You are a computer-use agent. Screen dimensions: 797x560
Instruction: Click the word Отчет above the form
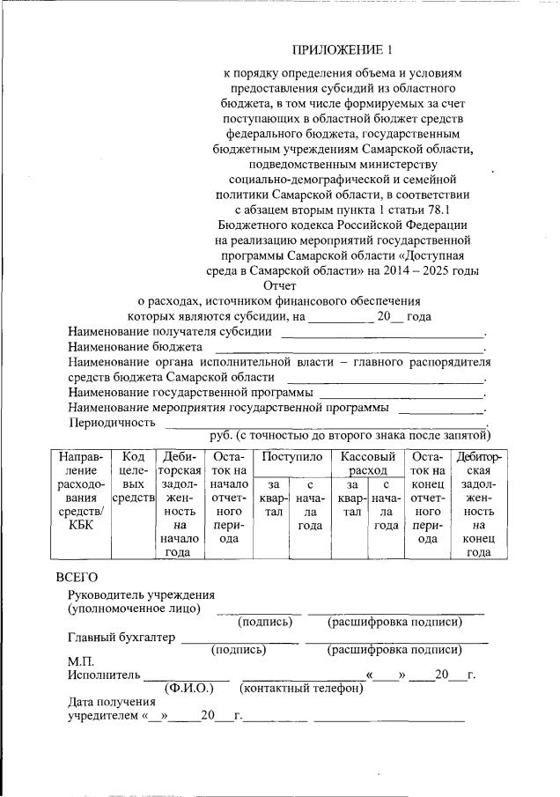pyautogui.click(x=279, y=285)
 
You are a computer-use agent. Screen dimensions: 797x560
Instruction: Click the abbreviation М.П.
pyautogui.click(x=81, y=661)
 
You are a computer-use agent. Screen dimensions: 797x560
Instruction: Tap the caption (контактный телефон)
pyautogui.click(x=302, y=688)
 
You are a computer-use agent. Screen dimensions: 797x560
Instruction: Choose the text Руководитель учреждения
pyautogui.click(x=141, y=594)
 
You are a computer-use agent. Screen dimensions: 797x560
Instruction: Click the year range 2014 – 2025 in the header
pyautogui.click(x=438, y=270)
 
